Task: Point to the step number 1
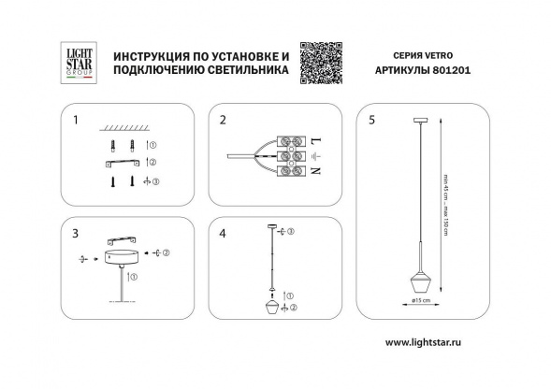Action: [77, 121]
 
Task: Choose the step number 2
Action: [223, 121]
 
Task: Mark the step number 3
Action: [77, 230]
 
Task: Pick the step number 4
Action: [223, 230]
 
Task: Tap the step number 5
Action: [372, 121]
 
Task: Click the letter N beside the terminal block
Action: [315, 171]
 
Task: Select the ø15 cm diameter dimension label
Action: [420, 302]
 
